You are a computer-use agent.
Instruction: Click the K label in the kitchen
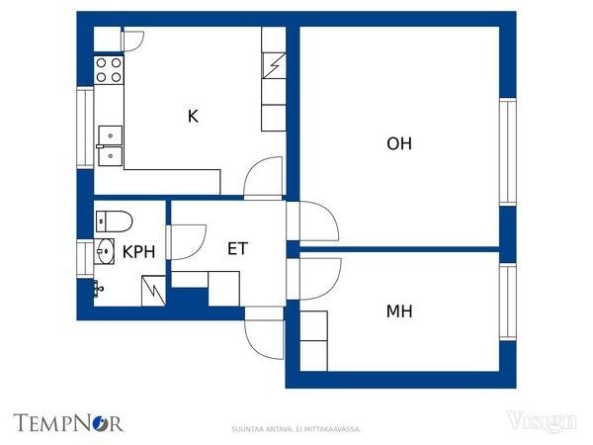click(x=193, y=117)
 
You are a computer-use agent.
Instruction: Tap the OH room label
click(x=399, y=143)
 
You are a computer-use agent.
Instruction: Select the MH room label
click(x=399, y=311)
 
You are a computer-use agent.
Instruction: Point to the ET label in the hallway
click(x=237, y=248)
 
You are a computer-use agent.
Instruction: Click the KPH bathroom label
click(x=138, y=252)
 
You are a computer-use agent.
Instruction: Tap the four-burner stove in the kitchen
click(x=109, y=69)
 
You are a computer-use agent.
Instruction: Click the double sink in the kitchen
click(x=109, y=144)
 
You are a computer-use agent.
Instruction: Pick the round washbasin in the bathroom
click(x=104, y=251)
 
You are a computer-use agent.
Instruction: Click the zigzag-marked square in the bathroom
click(x=153, y=290)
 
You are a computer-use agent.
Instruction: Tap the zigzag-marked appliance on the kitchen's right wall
click(x=274, y=67)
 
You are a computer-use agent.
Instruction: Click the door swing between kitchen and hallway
click(x=264, y=178)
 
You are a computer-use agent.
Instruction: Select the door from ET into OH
click(x=314, y=222)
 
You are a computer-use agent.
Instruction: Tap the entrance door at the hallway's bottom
click(x=265, y=335)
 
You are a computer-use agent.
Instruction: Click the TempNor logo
click(x=68, y=422)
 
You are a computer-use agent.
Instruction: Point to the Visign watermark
click(x=543, y=422)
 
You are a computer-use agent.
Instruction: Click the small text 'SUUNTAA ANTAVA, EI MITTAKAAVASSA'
click(x=296, y=429)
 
